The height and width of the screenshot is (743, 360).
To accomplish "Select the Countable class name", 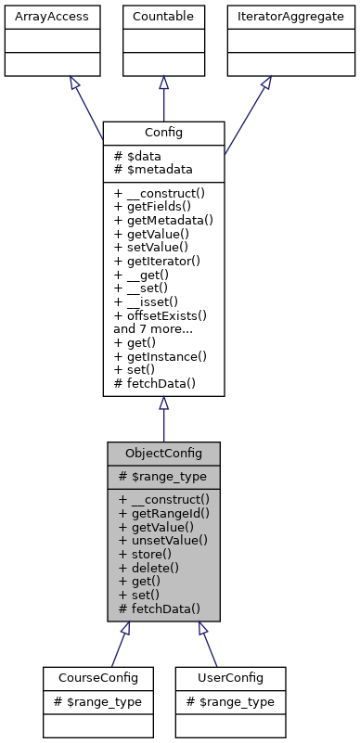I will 163,16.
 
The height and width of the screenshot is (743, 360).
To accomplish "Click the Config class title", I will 163,133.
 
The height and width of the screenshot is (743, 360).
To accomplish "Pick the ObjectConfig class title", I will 163,453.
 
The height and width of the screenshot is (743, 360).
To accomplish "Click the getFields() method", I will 157,206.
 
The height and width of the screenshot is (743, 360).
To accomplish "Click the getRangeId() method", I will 162,511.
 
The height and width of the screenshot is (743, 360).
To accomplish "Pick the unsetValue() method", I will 162,539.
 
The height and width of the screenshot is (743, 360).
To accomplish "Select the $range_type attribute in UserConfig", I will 228,701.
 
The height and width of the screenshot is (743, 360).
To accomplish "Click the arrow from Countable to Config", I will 163,97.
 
